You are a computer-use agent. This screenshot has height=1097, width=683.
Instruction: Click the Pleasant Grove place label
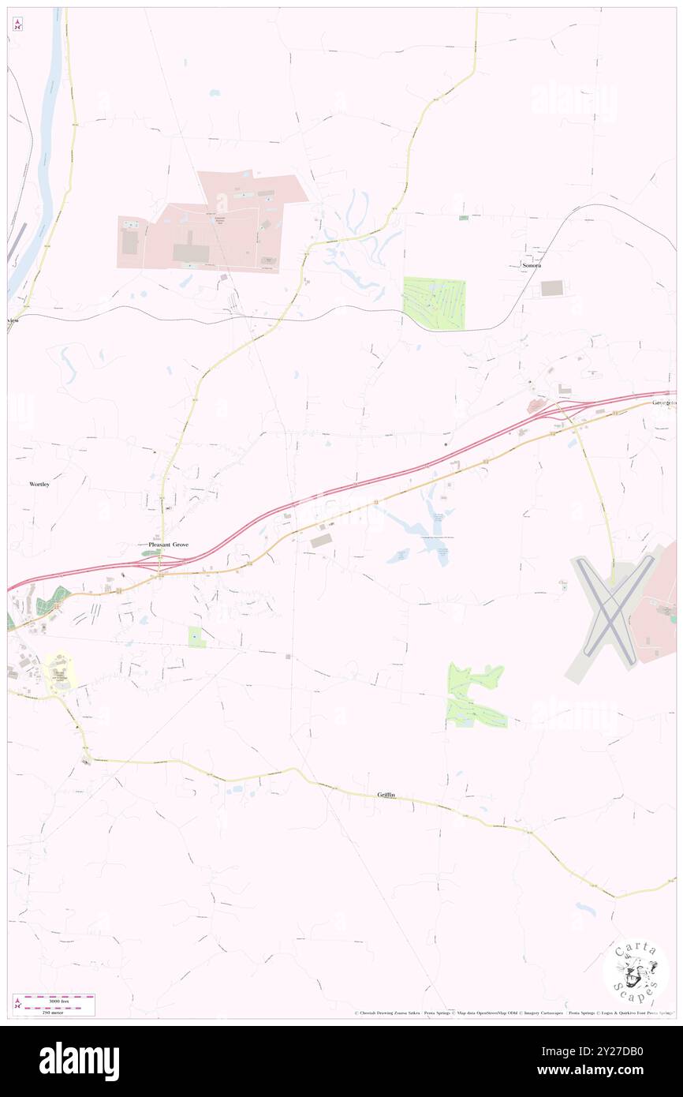click(169, 545)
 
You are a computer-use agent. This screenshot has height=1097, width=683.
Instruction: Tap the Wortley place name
click(39, 484)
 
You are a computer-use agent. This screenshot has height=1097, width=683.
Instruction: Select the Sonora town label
click(531, 266)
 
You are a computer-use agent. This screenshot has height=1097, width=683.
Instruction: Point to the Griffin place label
click(386, 796)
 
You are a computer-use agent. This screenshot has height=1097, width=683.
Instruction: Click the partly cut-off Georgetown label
click(664, 402)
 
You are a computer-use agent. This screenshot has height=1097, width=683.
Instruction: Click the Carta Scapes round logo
click(636, 972)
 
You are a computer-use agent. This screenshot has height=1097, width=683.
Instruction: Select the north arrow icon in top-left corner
click(17, 25)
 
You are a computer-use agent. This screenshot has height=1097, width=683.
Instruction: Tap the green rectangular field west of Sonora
click(434, 303)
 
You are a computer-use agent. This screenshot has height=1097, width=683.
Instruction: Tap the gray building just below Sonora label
click(552, 289)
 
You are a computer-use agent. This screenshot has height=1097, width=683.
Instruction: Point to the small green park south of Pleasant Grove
click(196, 637)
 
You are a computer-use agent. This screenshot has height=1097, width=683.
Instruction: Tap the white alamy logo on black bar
click(79, 1061)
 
